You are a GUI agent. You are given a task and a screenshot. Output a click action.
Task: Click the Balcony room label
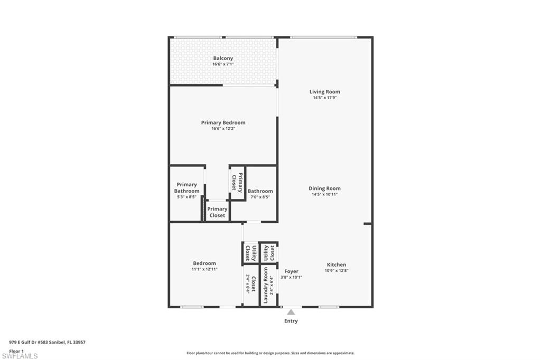pyautogui.click(x=223, y=58)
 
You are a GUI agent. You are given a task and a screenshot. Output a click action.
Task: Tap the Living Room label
pyautogui.click(x=324, y=91)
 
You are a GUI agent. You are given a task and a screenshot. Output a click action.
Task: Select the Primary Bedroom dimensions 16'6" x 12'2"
pyautogui.click(x=223, y=129)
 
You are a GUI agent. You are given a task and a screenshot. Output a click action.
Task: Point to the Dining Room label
pyautogui.click(x=324, y=188)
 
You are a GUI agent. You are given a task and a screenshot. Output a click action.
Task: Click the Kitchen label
pyautogui.click(x=336, y=264)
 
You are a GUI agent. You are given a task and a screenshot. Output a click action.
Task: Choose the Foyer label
pyautogui.click(x=291, y=271)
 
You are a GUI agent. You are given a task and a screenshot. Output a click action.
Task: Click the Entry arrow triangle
pyautogui.click(x=291, y=312)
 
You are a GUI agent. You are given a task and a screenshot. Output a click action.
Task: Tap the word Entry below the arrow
pyautogui.click(x=291, y=321)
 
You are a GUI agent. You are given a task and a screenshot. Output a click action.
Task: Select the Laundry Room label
pyautogui.click(x=266, y=285)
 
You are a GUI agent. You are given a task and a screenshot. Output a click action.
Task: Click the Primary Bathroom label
pyautogui.click(x=186, y=187)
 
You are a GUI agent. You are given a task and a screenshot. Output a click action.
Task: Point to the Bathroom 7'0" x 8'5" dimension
pyautogui.click(x=260, y=197)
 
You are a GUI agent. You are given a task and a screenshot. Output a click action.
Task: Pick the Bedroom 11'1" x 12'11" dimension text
pyautogui.click(x=204, y=269)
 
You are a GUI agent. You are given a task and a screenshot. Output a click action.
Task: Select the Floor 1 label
pyautogui.click(x=16, y=350)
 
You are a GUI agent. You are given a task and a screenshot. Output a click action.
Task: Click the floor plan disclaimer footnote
pyautogui.click(x=270, y=353)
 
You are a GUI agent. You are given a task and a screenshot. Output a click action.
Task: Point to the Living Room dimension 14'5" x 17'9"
pyautogui.click(x=324, y=98)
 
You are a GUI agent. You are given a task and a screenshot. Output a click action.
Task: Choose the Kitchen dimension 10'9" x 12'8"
pyautogui.click(x=336, y=271)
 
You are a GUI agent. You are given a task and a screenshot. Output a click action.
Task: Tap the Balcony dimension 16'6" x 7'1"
pyautogui.click(x=223, y=64)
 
